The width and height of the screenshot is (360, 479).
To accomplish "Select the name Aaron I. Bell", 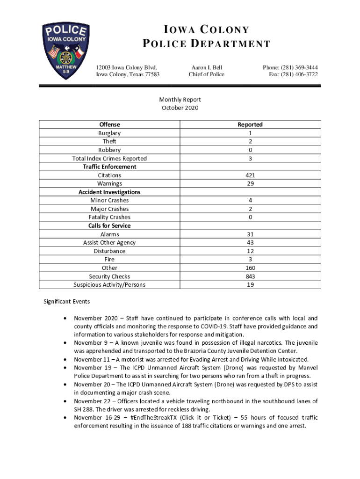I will coord(206,67).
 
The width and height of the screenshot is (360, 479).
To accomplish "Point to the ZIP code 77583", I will coord(150,74).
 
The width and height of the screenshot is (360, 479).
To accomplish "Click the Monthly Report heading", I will coord(180,100).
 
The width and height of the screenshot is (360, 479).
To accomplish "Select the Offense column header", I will coord(109,124).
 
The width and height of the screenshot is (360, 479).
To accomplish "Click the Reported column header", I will coord(250,124).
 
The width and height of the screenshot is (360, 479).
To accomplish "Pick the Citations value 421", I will coord(250,175).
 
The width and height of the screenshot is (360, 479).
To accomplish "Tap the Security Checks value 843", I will coord(250,276).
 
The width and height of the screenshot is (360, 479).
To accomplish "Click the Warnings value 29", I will coord(250,184).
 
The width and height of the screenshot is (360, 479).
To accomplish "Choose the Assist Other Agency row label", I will coord(109,243).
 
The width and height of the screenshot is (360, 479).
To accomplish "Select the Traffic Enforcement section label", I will coord(109,167).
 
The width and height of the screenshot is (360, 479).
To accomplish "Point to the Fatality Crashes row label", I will coord(109,218).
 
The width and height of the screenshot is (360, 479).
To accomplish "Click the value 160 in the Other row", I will coord(250,268).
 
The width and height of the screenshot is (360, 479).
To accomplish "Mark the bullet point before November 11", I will coord(65,360).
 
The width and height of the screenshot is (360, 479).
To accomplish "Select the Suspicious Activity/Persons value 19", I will coord(250,285).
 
